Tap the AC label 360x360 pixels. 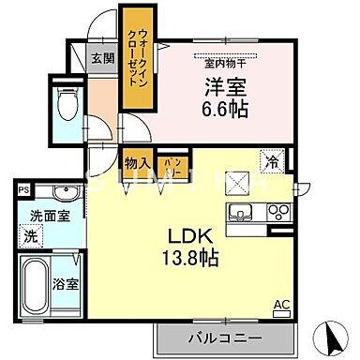pyautogui.click(x=280, y=303)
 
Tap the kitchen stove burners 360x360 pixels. pyautogui.click(x=278, y=212)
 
